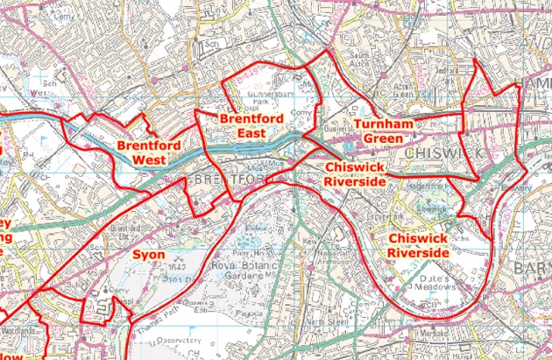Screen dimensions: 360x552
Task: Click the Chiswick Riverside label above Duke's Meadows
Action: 419,245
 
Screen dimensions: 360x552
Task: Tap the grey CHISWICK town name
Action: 446,154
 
